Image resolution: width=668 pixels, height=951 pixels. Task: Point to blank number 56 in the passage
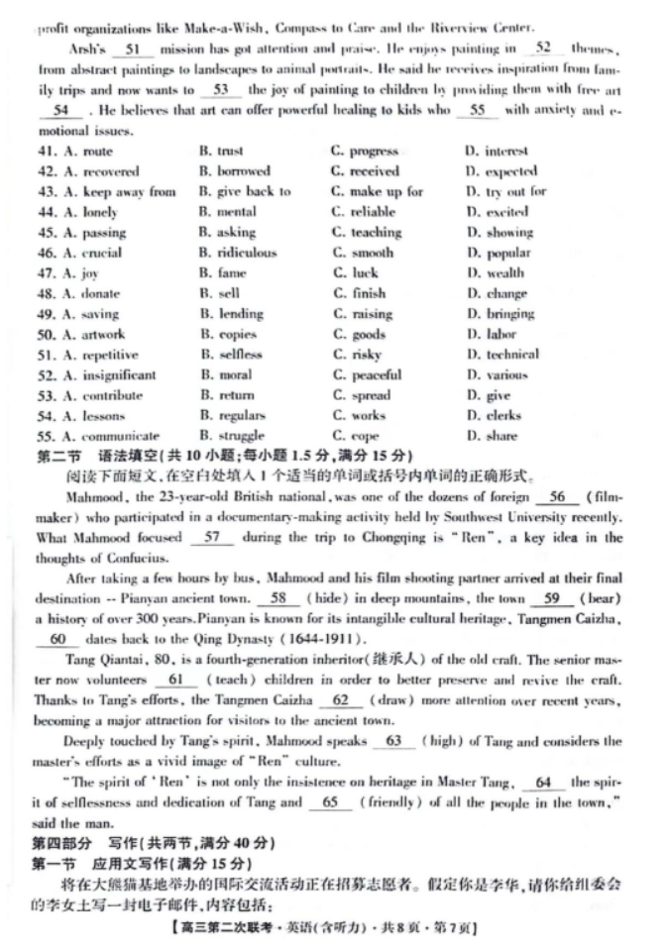tap(556, 497)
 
